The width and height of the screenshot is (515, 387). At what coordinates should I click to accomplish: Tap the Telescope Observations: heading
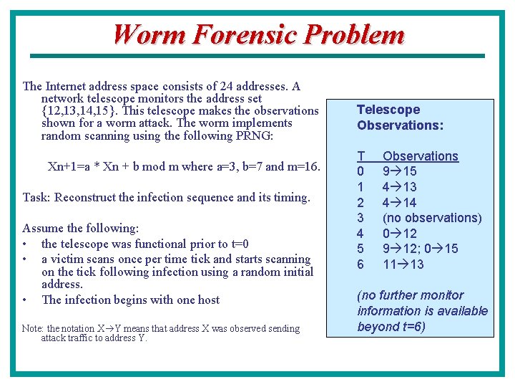pos(400,118)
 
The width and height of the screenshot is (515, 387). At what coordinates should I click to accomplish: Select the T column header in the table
pos(361,156)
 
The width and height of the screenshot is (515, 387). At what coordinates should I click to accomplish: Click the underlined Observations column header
pos(420,156)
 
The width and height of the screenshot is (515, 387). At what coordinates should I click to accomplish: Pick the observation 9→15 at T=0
pos(400,171)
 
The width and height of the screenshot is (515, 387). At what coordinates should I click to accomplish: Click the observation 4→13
pos(400,187)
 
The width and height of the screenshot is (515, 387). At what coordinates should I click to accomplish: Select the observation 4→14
pos(400,203)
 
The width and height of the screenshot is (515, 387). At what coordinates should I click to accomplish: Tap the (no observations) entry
pos(432,218)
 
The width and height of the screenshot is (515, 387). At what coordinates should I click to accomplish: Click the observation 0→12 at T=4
pos(400,234)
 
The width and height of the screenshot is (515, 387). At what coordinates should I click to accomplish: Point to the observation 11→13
pos(403,264)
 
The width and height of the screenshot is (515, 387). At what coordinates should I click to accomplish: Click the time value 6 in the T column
pos(360,264)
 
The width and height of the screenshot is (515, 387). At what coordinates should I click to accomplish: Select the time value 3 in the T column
pos(360,218)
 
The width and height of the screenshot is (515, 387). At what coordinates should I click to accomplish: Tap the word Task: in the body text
pos(37,197)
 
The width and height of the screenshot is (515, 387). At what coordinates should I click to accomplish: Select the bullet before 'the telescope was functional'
pos(25,244)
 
